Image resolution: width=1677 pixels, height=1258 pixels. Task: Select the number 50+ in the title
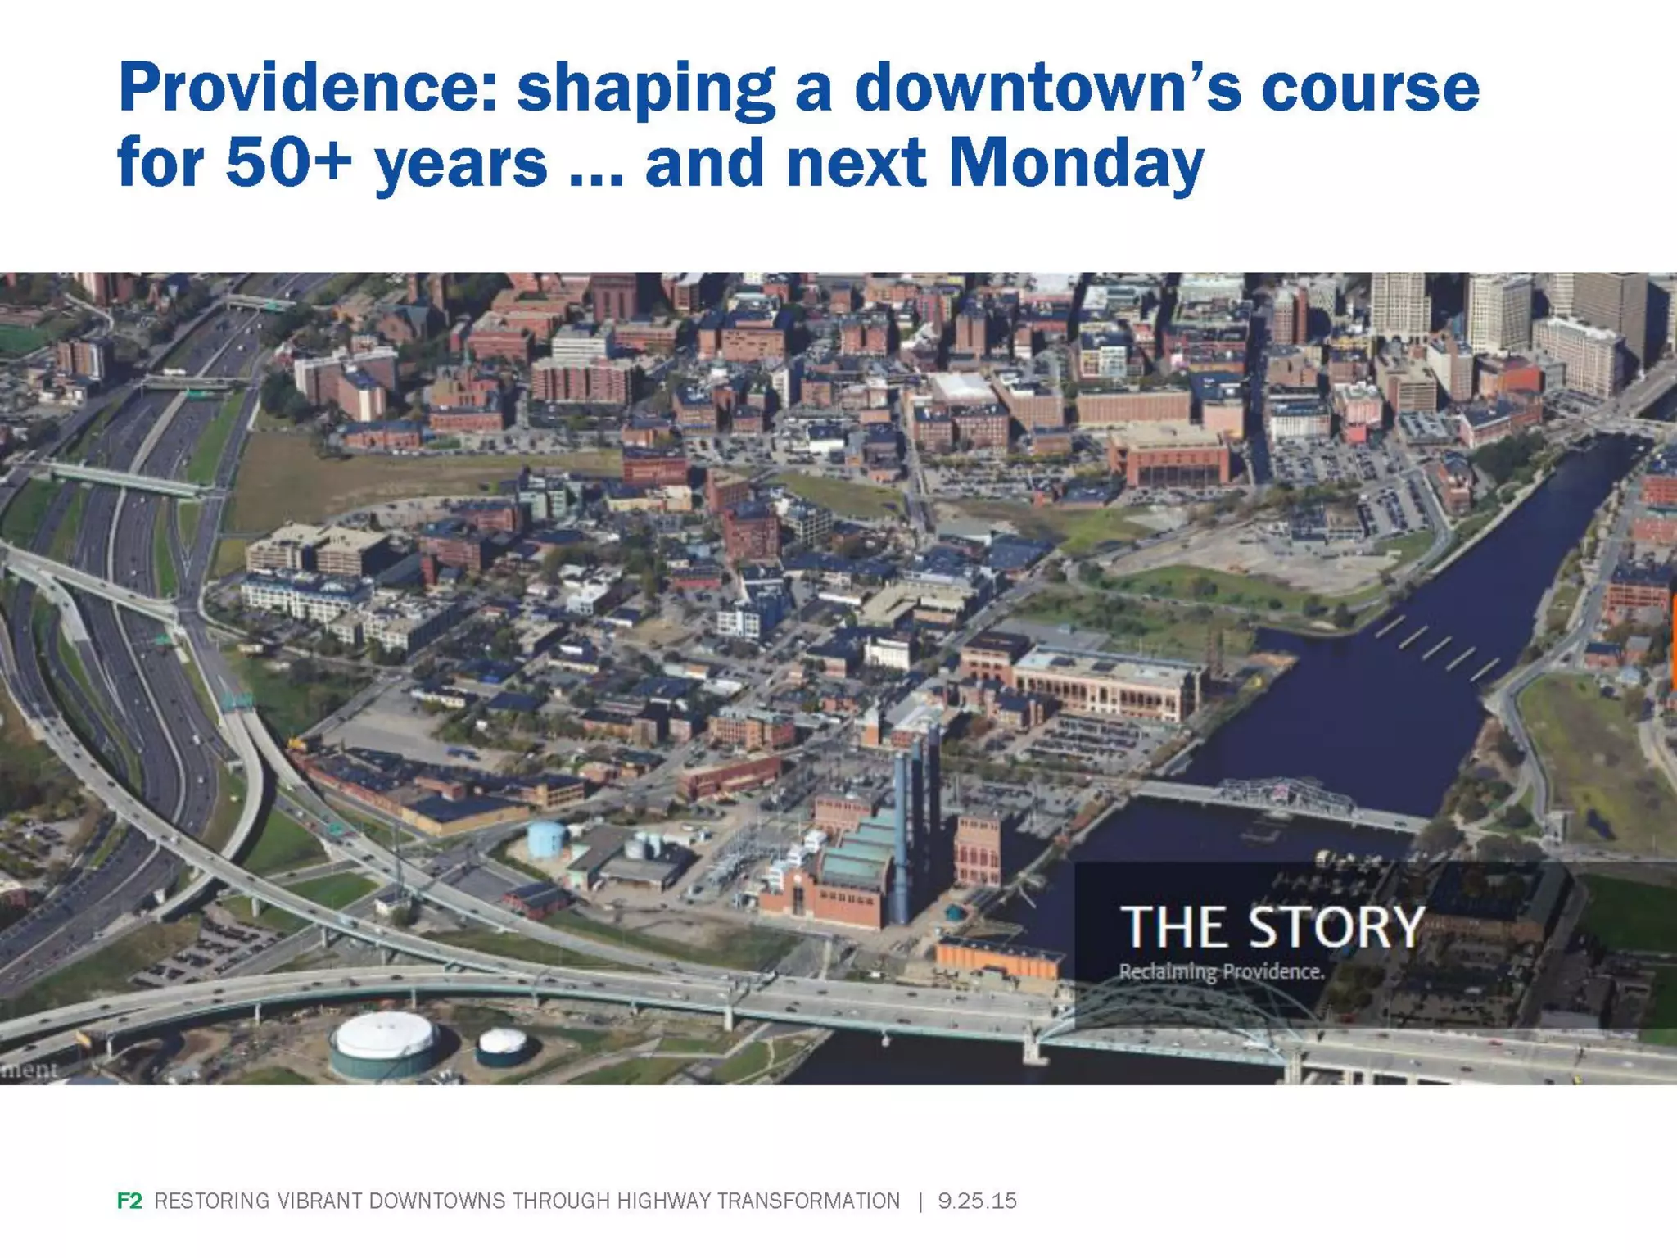[x=288, y=162]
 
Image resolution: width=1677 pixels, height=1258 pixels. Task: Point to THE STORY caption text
[x=1272, y=928]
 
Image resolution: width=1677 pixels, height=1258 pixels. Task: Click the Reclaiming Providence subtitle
[x=1221, y=972]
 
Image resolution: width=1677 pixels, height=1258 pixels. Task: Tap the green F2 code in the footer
[x=129, y=1201]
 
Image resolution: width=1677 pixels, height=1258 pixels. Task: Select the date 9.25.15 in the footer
[x=977, y=1201]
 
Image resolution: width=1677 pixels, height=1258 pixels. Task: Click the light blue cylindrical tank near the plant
[x=545, y=838]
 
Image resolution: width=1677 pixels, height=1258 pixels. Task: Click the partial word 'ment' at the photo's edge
[x=29, y=1070]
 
